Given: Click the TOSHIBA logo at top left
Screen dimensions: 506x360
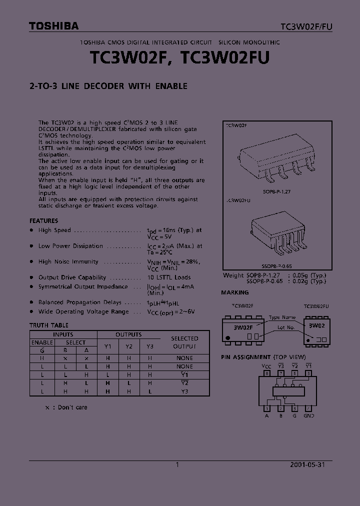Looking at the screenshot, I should (x=53, y=26).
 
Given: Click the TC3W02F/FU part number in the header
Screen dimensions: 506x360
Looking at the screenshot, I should (x=305, y=26).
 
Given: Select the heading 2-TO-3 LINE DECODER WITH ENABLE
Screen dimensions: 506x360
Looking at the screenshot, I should (x=108, y=86).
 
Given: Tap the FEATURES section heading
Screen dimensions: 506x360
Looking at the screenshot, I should (x=43, y=220).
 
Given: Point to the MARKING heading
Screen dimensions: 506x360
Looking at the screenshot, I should (x=235, y=292).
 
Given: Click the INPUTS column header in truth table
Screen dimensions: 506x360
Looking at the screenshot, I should (x=63, y=334).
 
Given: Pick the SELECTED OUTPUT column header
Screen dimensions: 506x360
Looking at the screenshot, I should (x=184, y=342).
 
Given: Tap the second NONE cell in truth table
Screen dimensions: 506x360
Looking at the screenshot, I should (x=184, y=366).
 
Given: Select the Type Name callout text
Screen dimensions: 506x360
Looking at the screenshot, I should (x=282, y=317).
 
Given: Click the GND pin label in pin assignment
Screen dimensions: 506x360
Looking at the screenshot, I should (x=309, y=415).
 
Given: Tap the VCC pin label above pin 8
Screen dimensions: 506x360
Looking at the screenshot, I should (x=267, y=366).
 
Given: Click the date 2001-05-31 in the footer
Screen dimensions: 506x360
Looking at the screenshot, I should (x=307, y=464).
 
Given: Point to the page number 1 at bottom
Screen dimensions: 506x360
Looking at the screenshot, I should (x=177, y=464).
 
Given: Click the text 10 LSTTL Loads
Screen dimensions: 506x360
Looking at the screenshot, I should (x=169, y=277).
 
